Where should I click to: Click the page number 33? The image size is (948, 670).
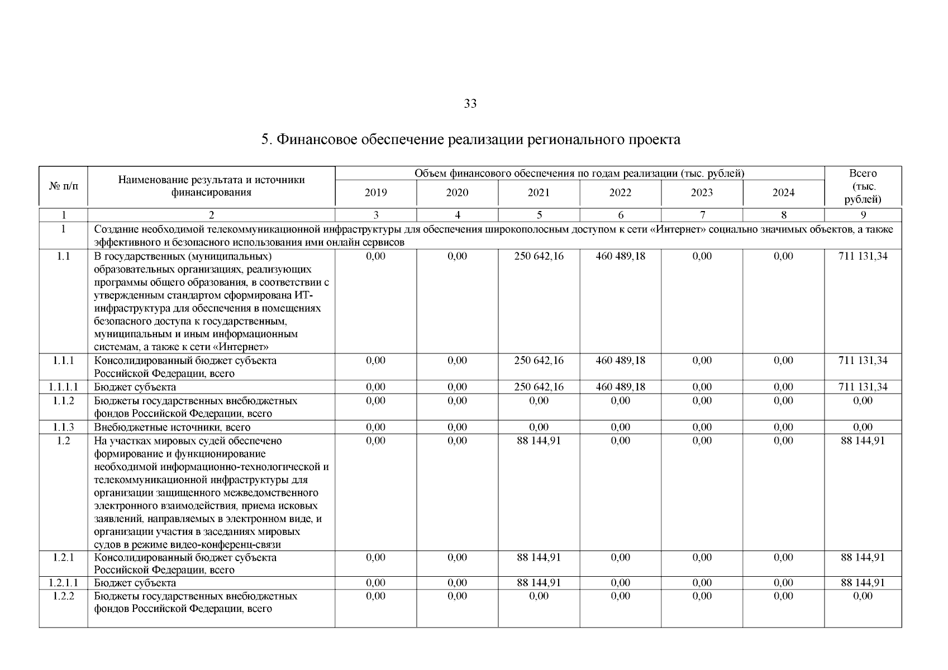tap(470, 104)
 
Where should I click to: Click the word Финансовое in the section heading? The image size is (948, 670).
tap(316, 140)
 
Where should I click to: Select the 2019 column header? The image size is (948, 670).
tap(375, 193)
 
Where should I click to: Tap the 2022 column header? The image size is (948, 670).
tap(620, 193)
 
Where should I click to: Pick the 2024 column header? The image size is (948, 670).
tap(783, 193)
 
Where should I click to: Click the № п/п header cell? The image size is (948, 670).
tap(63, 186)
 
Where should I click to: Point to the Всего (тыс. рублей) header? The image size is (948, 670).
tap(863, 186)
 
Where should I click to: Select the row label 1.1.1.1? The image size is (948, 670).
tap(63, 387)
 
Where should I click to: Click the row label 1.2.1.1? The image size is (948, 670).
tap(63, 583)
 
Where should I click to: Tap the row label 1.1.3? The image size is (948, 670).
tap(63, 427)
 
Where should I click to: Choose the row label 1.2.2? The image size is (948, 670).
tap(63, 596)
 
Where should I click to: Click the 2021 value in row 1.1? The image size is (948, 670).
tap(539, 256)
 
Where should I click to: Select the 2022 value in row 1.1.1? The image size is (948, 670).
tap(620, 361)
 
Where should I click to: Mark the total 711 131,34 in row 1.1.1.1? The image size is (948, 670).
tap(863, 387)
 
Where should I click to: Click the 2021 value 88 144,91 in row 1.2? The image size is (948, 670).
tap(539, 441)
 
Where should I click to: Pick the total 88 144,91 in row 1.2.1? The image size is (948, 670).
tap(863, 557)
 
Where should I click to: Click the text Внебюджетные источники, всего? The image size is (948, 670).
tap(172, 427)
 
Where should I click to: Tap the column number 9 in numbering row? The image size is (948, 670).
tap(863, 215)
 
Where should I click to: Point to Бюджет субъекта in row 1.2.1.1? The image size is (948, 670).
tap(135, 583)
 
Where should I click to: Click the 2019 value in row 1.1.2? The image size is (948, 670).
tap(375, 400)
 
